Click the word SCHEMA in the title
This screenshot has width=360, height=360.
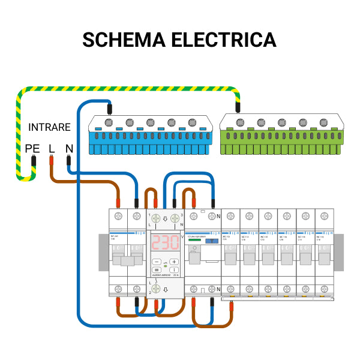(124, 40)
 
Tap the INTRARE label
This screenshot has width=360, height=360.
(49, 127)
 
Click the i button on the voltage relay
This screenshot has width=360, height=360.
(173, 270)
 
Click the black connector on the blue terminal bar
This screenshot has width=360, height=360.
(109, 109)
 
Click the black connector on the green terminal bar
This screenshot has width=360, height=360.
(238, 109)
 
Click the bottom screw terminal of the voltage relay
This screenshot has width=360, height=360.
(156, 289)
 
